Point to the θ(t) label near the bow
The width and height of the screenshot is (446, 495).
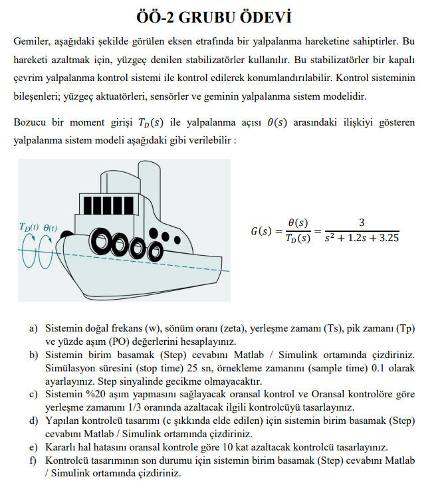[x=50, y=228]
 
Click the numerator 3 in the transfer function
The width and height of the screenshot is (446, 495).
[x=361, y=223]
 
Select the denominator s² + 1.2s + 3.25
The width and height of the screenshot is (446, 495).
[x=362, y=238]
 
